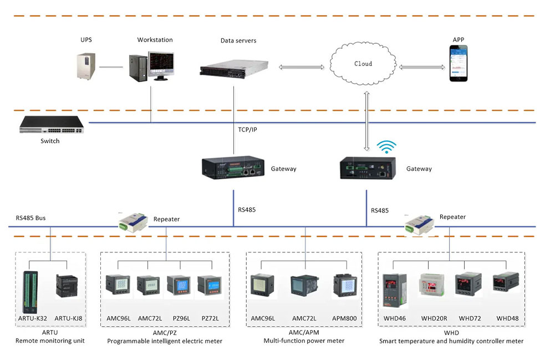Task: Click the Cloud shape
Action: [x=363, y=64]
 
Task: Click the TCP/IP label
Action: [x=247, y=130]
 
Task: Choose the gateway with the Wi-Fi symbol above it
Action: [x=367, y=167]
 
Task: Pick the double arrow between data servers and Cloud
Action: [x=302, y=67]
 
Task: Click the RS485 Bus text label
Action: [x=30, y=218]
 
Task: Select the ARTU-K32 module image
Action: [x=29, y=291]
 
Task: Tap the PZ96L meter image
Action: [x=179, y=287]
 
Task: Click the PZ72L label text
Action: [x=210, y=318]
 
